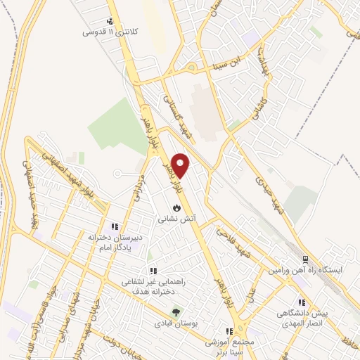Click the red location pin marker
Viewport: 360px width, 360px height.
181,165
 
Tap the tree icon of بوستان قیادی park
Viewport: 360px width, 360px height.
176,311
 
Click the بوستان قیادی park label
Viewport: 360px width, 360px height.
175,323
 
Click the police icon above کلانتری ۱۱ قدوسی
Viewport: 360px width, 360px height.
110,21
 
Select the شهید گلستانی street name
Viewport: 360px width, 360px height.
177,116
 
